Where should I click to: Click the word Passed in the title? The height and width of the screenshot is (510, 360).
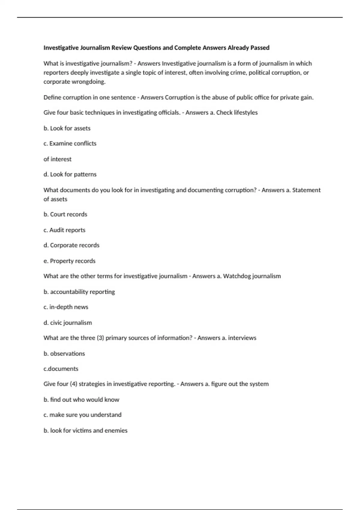(260, 48)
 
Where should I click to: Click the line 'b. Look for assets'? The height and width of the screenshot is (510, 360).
(67, 128)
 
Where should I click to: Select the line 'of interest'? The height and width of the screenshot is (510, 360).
(57, 159)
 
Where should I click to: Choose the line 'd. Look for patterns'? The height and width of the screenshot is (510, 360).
(70, 174)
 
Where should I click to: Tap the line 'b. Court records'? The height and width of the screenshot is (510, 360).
(65, 214)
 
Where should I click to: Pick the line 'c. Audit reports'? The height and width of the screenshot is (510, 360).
(64, 230)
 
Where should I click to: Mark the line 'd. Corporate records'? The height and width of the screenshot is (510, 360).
(71, 245)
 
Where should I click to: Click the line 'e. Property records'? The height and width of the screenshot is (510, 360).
(69, 261)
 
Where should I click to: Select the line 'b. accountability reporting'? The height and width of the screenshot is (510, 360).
(79, 292)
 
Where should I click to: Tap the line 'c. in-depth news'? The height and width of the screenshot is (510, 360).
(66, 307)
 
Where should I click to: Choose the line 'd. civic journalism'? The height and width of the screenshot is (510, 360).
(67, 322)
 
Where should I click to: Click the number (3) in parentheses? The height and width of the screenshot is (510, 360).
(100, 338)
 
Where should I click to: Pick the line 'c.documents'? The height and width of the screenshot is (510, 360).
(61, 368)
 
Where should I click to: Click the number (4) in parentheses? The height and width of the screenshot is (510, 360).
(73, 384)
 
